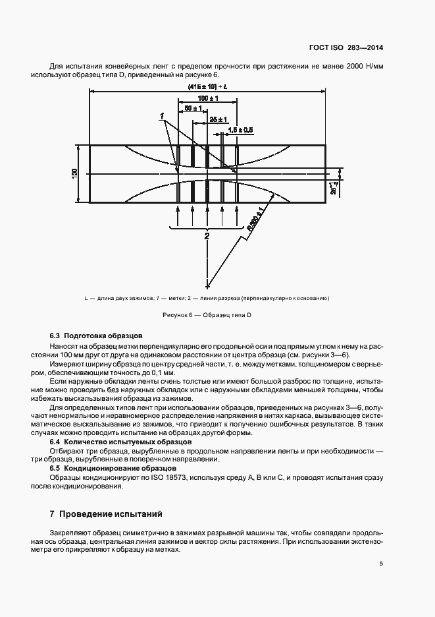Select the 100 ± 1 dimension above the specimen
click(x=207, y=98)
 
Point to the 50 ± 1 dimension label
click(x=192, y=107)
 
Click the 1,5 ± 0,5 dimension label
click(x=240, y=131)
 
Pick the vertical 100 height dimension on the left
click(x=75, y=173)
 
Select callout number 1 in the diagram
click(x=161, y=116)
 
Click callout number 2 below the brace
click(x=207, y=235)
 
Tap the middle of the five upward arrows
click(x=207, y=214)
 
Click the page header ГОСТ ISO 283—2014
click(x=346, y=47)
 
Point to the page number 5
click(x=382, y=563)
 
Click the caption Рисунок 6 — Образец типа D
click(x=207, y=315)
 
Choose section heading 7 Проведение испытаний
click(x=105, y=514)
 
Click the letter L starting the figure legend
click(x=86, y=299)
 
